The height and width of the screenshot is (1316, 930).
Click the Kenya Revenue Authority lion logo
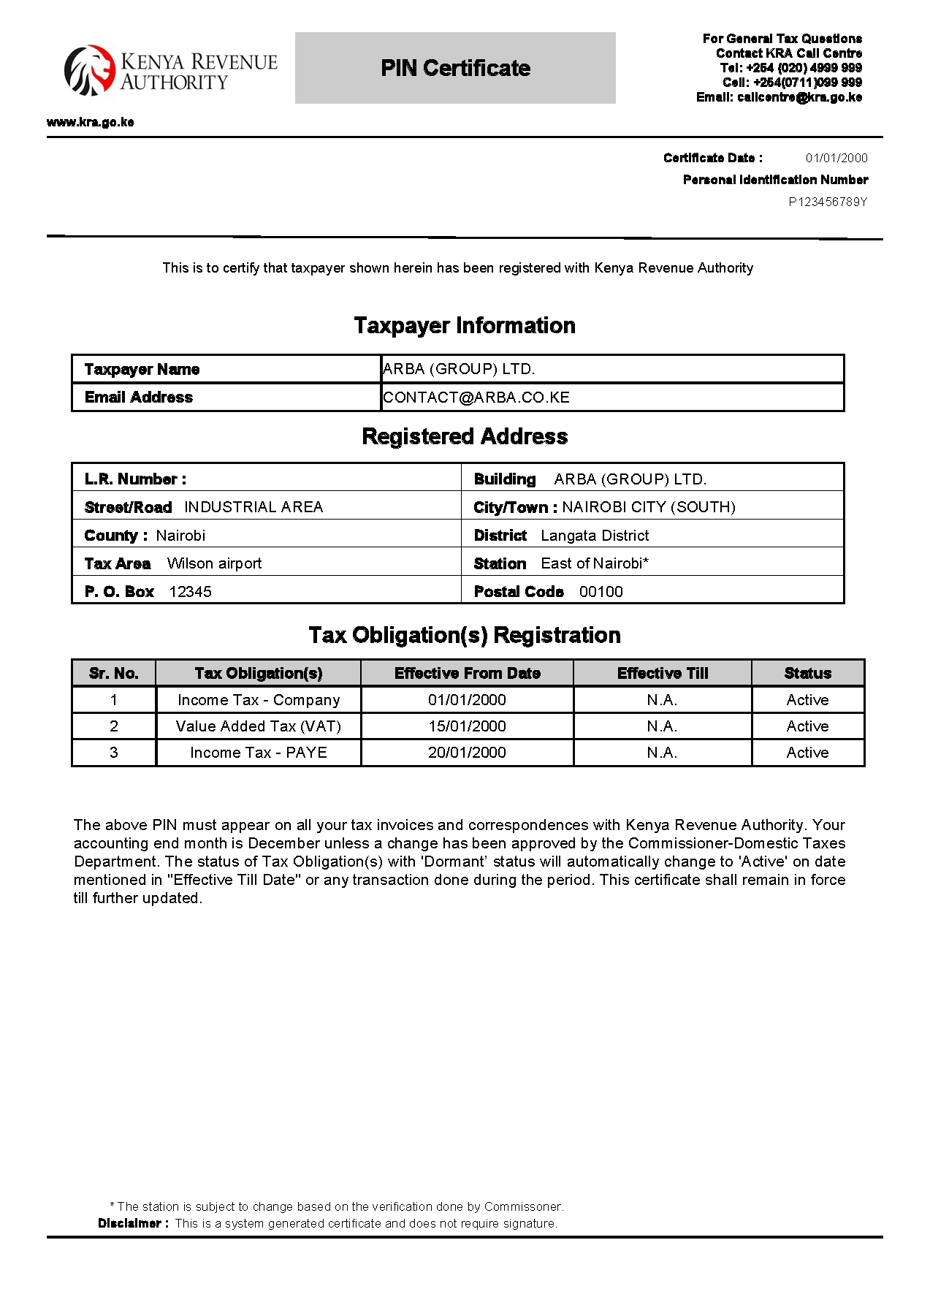pyautogui.click(x=89, y=70)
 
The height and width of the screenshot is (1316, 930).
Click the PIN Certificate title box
pyautogui.click(x=455, y=68)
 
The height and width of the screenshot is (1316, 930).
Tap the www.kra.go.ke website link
pyautogui.click(x=90, y=122)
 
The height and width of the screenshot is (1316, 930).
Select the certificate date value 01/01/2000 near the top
pyautogui.click(x=836, y=158)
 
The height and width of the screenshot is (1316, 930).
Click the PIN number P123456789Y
pyautogui.click(x=828, y=202)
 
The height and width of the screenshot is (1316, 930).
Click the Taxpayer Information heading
pyautogui.click(x=465, y=325)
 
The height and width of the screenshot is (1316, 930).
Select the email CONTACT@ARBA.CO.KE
pyautogui.click(x=476, y=398)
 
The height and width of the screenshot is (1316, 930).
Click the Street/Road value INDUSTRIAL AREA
pyautogui.click(x=254, y=507)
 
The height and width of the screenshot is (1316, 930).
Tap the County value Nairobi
pyautogui.click(x=180, y=536)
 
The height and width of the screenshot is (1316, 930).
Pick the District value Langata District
pyautogui.click(x=595, y=536)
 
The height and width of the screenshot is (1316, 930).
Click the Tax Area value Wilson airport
pyautogui.click(x=214, y=563)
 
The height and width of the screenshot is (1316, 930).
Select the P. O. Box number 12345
pyautogui.click(x=190, y=592)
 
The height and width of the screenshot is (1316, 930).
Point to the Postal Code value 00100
pyautogui.click(x=601, y=592)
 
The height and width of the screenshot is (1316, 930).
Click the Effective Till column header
pyautogui.click(x=663, y=673)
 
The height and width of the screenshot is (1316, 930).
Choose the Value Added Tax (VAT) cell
pyautogui.click(x=259, y=726)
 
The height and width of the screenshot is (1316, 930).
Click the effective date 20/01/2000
pyautogui.click(x=467, y=753)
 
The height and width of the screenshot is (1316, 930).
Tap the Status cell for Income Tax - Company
pyautogui.click(x=807, y=700)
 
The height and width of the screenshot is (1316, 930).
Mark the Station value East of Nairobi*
pyautogui.click(x=595, y=563)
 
